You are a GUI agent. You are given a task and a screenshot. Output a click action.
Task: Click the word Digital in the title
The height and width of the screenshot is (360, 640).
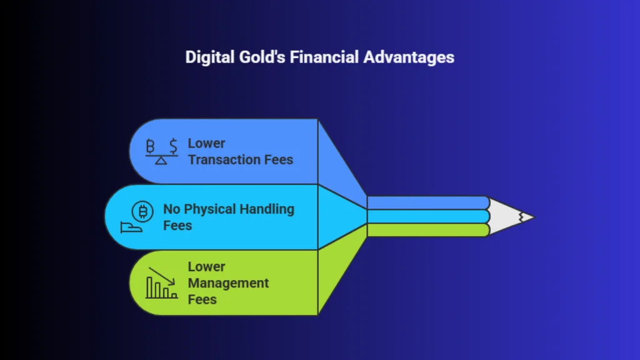click(210, 57)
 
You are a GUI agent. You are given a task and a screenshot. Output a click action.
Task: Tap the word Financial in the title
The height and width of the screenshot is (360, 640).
click(324, 57)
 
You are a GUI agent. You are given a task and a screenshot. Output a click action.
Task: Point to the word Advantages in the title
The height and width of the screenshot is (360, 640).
click(409, 57)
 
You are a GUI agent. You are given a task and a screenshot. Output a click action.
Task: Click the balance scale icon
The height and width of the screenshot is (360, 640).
click(162, 151)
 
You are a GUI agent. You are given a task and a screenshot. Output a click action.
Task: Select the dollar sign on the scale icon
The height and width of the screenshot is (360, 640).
click(174, 146)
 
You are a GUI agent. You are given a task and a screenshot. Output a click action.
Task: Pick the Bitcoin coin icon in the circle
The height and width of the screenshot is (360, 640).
click(142, 211)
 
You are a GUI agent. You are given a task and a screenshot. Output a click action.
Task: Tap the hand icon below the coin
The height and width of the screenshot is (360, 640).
click(131, 227)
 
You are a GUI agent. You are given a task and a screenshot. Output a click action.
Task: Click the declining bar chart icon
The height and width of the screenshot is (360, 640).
click(162, 283)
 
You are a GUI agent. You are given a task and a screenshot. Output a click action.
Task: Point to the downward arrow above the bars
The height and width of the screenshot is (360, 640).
click(162, 276)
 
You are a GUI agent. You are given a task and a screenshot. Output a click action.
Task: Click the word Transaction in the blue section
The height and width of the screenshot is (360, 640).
click(224, 159)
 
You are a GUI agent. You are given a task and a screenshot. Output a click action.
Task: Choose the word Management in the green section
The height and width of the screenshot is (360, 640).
click(228, 284)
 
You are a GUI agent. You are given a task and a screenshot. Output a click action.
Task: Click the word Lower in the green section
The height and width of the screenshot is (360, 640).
click(206, 266)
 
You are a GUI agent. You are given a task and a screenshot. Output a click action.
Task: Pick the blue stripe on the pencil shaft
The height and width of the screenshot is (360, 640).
click(428, 203)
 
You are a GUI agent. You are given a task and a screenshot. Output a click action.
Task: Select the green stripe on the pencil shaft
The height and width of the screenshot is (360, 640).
click(428, 230)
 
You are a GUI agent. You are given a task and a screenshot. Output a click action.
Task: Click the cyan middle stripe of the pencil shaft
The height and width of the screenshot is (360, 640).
click(428, 216)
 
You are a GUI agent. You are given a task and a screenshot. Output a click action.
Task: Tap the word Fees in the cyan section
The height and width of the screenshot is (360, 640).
click(177, 226)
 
